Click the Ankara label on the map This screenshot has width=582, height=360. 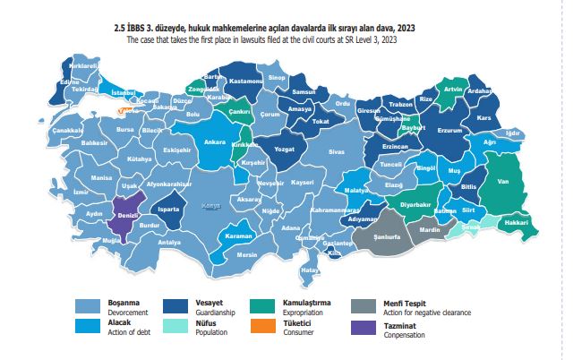point(214,142)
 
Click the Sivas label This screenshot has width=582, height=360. point(336,152)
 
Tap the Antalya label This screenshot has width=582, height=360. point(169,242)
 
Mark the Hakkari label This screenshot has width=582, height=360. point(516,222)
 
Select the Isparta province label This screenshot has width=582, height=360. point(168,210)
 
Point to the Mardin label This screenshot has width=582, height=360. point(431,230)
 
